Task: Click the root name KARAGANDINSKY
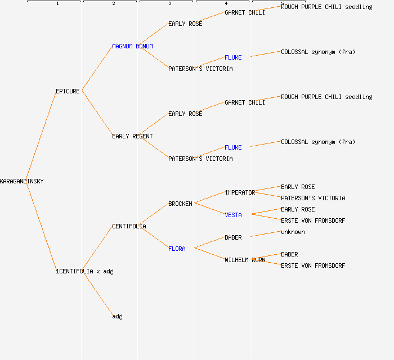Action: point(22,181)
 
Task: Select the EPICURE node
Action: point(68,91)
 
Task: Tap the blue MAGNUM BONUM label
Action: point(132,46)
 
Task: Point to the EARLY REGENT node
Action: point(132,136)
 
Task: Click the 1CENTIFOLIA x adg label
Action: point(84,271)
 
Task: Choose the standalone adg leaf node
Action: point(117,316)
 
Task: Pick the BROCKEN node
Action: point(180,204)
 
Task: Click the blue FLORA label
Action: point(177,249)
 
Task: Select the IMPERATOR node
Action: point(240,192)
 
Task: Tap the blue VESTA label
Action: point(233,215)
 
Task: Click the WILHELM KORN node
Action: point(245,260)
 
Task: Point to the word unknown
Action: point(293,232)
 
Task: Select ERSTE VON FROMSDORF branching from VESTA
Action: point(313,220)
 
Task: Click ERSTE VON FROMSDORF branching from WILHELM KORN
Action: point(313,265)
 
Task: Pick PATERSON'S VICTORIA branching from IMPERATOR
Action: point(313,198)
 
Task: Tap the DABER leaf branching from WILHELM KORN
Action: point(289,254)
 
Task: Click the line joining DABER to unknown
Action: point(266,234)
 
